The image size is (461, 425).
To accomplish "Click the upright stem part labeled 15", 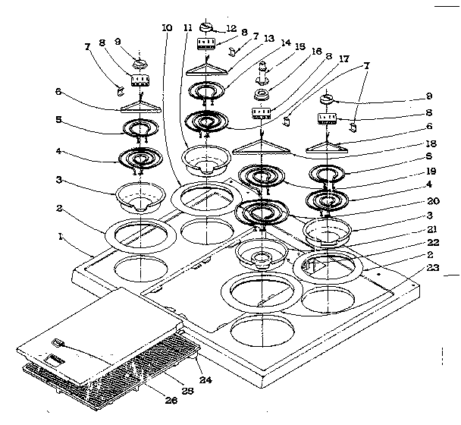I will (262, 71).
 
